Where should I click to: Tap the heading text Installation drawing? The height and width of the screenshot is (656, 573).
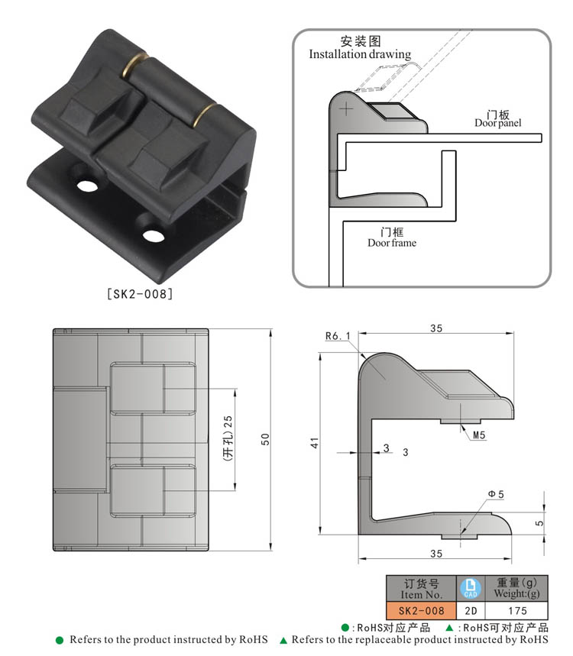point(360,55)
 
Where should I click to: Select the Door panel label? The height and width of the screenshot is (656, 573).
point(497,122)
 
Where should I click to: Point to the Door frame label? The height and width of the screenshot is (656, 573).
point(392,243)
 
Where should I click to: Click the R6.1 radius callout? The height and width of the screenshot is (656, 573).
point(336,336)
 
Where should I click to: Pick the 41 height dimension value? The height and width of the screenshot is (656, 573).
point(314,443)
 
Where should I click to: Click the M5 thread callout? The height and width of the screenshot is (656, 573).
point(480,435)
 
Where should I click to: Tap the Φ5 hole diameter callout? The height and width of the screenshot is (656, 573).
point(496,495)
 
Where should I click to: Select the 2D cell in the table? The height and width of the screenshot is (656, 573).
point(470,610)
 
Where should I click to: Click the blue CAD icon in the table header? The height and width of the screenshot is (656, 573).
point(470,588)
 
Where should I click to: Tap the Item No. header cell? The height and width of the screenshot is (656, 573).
point(422,588)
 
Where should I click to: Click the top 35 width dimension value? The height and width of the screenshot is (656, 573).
point(435,328)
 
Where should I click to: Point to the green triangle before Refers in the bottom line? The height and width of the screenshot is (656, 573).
point(283,640)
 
